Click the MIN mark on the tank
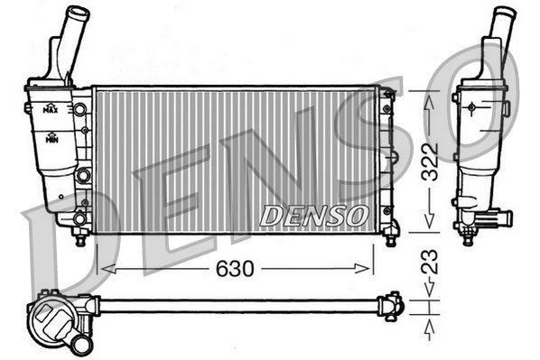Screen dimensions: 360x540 (52, 138)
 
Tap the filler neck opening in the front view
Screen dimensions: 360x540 (78, 13)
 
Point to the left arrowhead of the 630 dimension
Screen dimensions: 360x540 (100, 268)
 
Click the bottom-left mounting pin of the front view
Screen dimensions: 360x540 (80, 239)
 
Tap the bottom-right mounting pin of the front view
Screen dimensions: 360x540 (391, 239)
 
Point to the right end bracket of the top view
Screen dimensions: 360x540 (393, 305)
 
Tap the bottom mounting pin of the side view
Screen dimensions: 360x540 (468, 238)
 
